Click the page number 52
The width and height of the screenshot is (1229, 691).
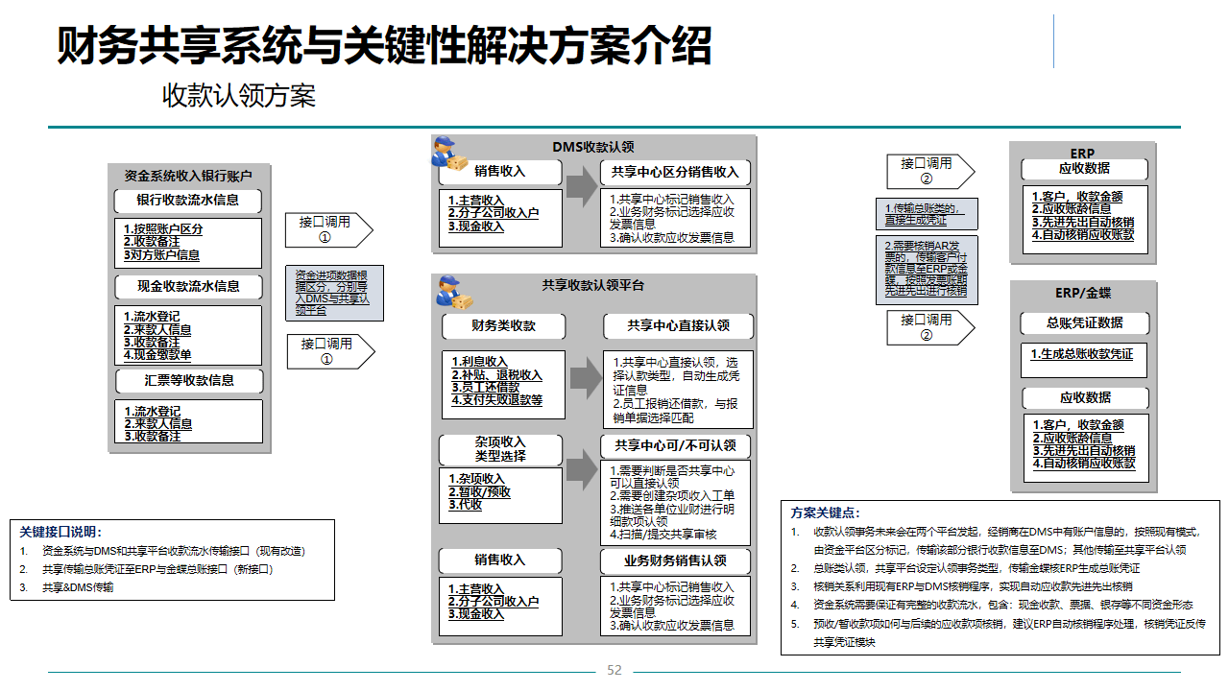(x=614, y=670)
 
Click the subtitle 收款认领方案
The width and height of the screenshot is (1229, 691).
(x=238, y=95)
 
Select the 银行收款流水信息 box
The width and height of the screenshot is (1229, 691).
(x=187, y=201)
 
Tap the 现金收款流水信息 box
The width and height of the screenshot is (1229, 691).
(x=187, y=286)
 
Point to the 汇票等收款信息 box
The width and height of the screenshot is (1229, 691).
(x=187, y=380)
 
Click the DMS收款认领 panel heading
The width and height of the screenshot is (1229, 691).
(x=592, y=147)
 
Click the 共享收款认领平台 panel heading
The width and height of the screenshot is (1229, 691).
(x=592, y=285)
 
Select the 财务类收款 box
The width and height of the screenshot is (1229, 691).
(x=503, y=326)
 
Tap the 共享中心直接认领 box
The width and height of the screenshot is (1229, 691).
(x=678, y=326)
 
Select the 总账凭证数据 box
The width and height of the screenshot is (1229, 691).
(x=1084, y=322)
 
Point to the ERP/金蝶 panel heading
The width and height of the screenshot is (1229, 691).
(x=1083, y=293)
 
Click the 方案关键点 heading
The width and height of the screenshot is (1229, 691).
(x=825, y=512)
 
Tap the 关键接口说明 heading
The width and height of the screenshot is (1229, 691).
(x=60, y=532)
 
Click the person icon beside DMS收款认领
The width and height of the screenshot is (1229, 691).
(x=447, y=153)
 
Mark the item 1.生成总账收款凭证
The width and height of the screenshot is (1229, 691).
(x=1082, y=354)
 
